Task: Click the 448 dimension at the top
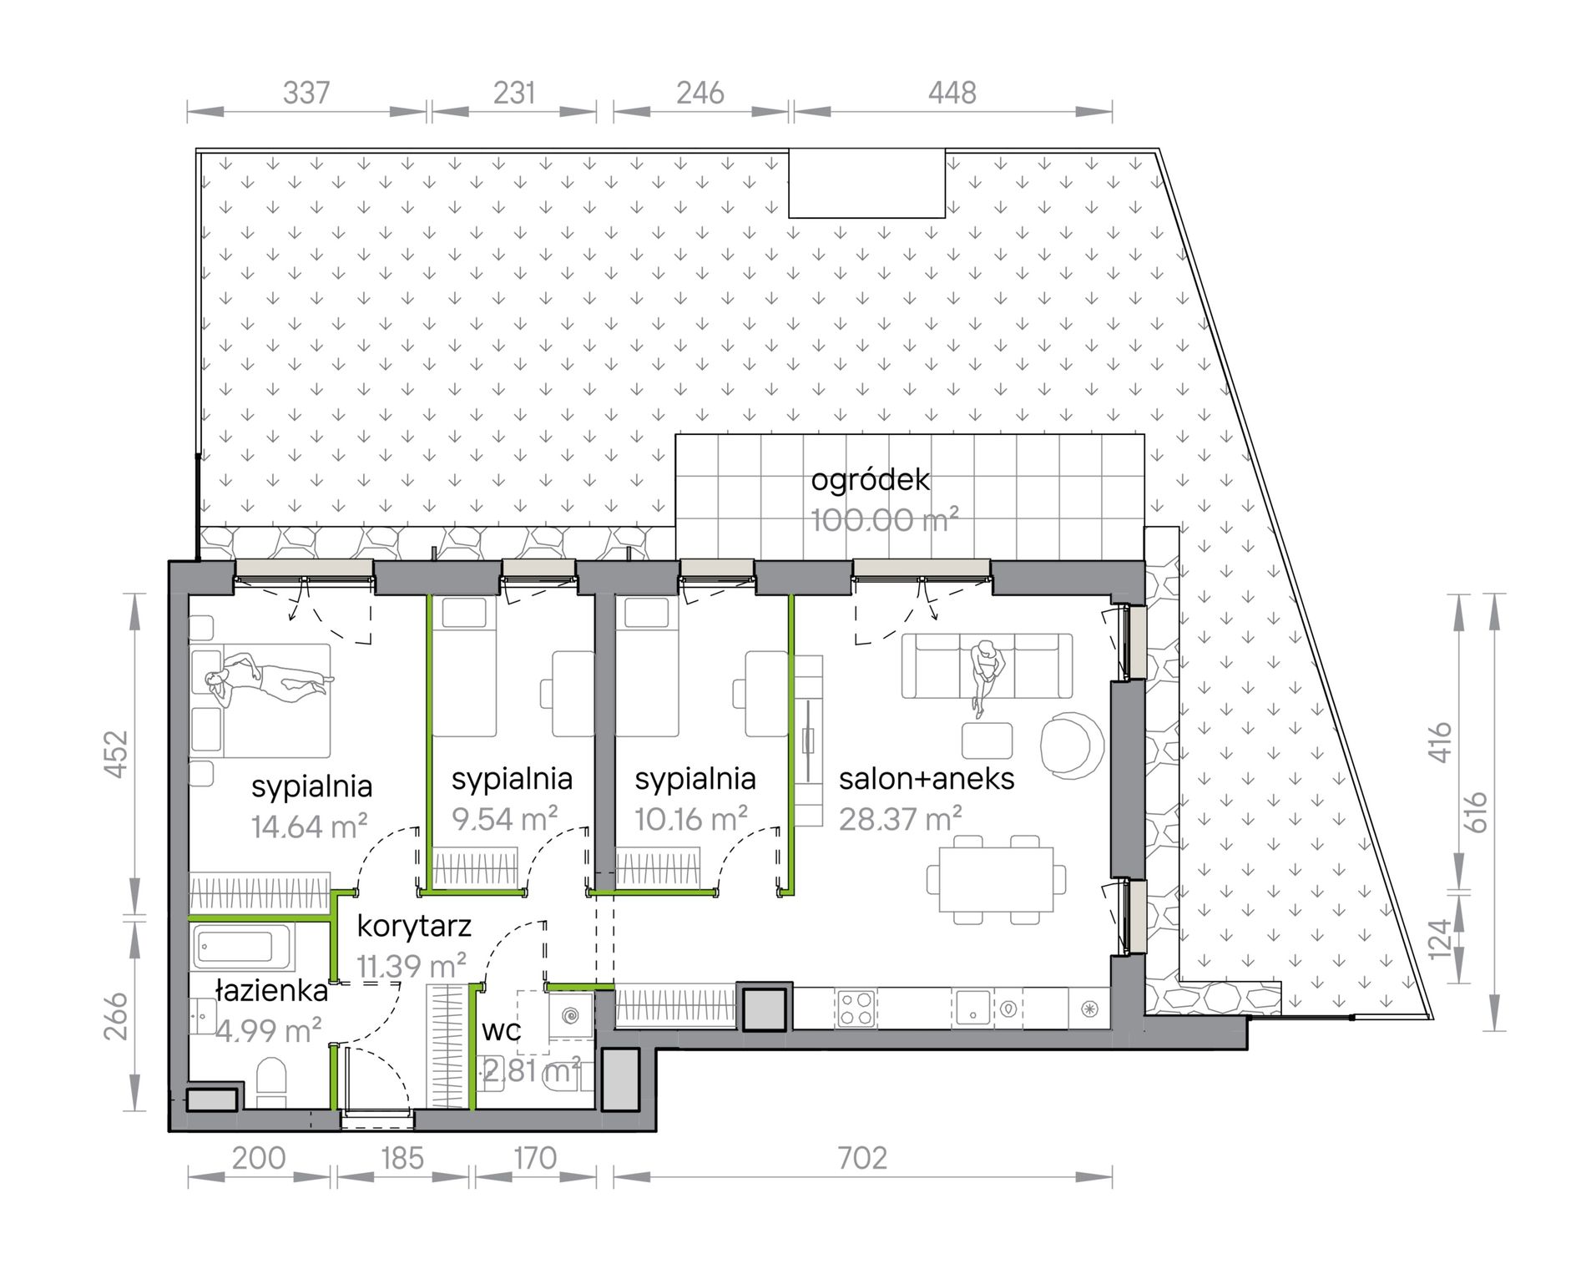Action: pyautogui.click(x=952, y=93)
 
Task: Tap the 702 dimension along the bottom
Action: pyautogui.click(x=862, y=1158)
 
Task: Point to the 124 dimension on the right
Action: pyautogui.click(x=1440, y=939)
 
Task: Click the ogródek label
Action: pyautogui.click(x=870, y=480)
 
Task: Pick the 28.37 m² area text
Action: pyautogui.click(x=901, y=819)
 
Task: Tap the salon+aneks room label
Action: pyautogui.click(x=927, y=779)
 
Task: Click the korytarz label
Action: pyautogui.click(x=414, y=927)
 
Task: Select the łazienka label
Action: pyautogui.click(x=271, y=991)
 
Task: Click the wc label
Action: pyautogui.click(x=502, y=1030)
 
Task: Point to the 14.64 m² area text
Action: pyautogui.click(x=310, y=827)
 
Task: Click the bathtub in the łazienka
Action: pyautogui.click(x=241, y=947)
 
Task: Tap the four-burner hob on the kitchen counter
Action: pyautogui.click(x=856, y=1008)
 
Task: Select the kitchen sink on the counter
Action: pyautogui.click(x=972, y=1008)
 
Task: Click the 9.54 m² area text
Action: pyautogui.click(x=505, y=819)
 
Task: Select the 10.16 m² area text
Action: pyautogui.click(x=691, y=819)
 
